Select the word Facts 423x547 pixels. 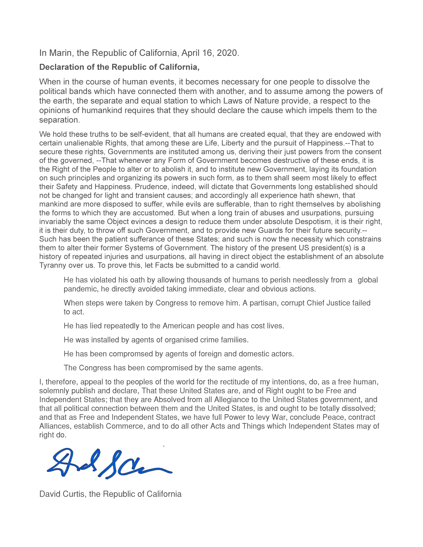point(164,265)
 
